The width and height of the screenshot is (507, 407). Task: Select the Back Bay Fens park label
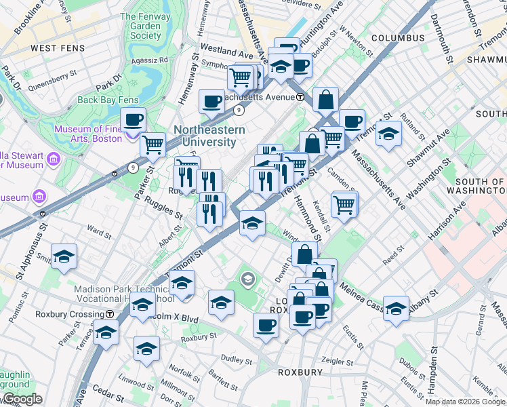[x=108, y=100]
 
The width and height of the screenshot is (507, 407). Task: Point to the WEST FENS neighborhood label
[x=53, y=48]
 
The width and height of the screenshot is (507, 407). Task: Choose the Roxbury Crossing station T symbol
[x=109, y=314]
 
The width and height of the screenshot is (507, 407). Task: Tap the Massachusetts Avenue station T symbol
[x=300, y=97]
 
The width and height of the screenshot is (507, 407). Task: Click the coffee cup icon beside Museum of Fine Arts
[x=134, y=119]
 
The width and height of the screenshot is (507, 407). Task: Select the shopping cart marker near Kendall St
[x=344, y=203]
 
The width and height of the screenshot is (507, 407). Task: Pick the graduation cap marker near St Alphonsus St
[x=64, y=256]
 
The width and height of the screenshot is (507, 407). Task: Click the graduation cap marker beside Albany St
[x=396, y=307]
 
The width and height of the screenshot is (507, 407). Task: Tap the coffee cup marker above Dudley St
[x=266, y=324]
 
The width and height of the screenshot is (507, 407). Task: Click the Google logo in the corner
[x=22, y=399]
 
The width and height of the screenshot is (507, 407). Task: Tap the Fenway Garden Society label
[x=146, y=26]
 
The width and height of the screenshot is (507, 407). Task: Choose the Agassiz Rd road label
[x=150, y=60]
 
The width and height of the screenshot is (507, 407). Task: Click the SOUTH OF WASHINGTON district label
[x=480, y=187]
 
